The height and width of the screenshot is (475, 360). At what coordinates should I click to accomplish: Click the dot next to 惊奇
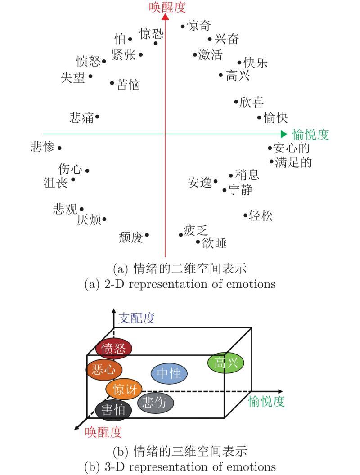click(183, 27)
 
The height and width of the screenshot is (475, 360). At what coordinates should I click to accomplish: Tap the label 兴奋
click(226, 40)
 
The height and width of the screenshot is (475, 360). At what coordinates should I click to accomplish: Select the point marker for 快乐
click(239, 63)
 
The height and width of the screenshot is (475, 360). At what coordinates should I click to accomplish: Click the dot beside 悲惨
click(59, 148)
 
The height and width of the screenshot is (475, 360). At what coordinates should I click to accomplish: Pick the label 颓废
click(130, 237)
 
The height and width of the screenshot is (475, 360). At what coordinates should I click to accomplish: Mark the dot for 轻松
click(246, 216)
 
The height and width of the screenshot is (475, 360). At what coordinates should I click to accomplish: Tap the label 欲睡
click(214, 243)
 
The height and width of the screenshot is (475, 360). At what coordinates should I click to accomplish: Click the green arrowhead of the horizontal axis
click(283, 134)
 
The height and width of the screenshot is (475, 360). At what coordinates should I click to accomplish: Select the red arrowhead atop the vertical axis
click(165, 17)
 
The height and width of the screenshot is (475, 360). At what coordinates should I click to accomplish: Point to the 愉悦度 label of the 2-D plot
click(310, 134)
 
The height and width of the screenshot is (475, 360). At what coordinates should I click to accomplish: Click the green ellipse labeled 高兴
click(225, 362)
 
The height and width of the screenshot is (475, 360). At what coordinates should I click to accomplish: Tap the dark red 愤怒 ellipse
click(114, 349)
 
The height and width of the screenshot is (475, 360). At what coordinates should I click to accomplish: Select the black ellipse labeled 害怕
click(113, 410)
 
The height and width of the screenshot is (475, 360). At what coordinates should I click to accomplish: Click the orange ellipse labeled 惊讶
click(124, 389)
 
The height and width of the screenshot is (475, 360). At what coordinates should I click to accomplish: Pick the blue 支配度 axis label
click(137, 318)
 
